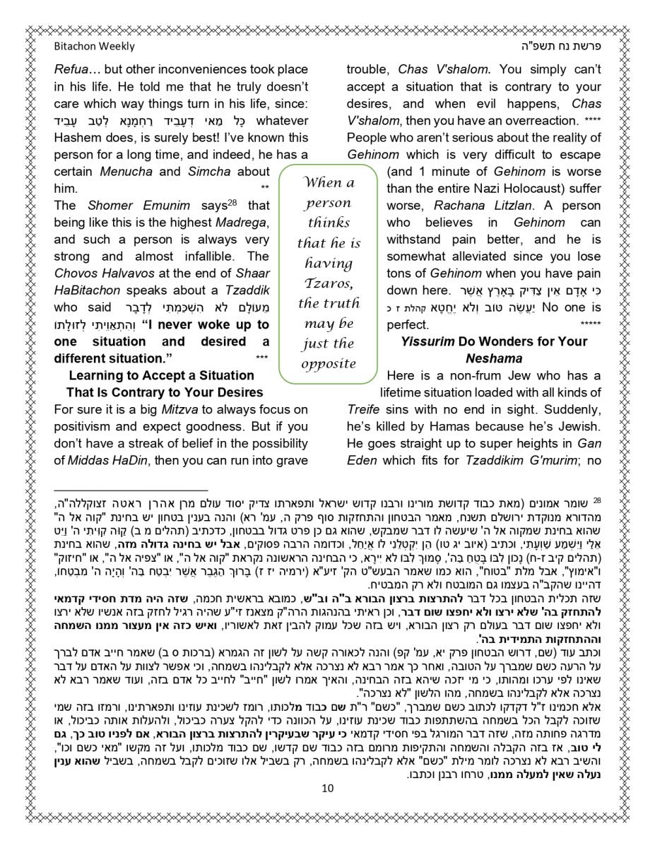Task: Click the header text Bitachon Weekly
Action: [93, 47]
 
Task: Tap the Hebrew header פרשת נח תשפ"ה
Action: [558, 47]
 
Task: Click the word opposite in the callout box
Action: [329, 364]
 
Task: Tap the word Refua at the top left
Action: [71, 70]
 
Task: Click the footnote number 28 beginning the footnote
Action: [597, 500]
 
